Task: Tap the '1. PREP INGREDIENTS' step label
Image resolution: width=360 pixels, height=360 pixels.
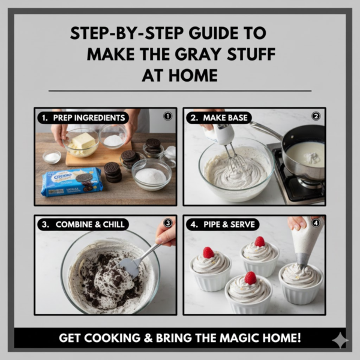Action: click(x=83, y=118)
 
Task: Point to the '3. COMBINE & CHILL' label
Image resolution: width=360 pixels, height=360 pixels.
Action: click(x=83, y=224)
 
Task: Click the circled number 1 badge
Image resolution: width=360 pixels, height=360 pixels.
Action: click(x=168, y=116)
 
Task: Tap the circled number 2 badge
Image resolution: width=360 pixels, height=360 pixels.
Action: click(x=316, y=116)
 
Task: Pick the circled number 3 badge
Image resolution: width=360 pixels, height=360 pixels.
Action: click(x=168, y=223)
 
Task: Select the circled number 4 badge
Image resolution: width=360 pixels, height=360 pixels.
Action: click(x=316, y=223)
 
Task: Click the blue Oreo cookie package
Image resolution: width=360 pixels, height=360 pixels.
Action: click(x=71, y=182)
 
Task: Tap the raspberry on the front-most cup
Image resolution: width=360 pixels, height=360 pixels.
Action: click(x=250, y=278)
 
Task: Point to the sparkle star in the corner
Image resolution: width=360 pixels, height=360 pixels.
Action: click(x=339, y=340)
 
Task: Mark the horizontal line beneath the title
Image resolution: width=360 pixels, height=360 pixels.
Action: click(x=180, y=91)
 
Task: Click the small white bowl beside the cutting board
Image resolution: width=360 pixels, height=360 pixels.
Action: click(x=52, y=158)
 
